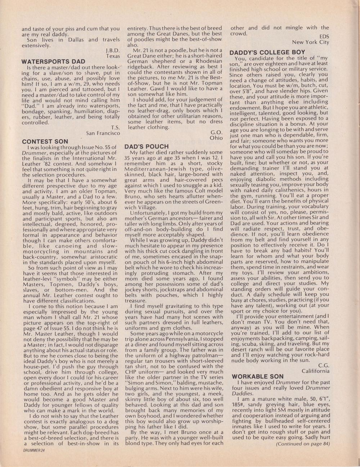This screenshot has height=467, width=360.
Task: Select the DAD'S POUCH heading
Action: click(x=147, y=146)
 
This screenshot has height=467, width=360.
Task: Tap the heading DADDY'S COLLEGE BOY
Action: click(x=267, y=52)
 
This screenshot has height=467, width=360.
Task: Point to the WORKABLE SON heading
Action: click(x=258, y=377)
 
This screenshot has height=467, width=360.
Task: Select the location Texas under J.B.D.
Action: click(x=113, y=56)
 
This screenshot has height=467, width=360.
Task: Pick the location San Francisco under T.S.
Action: click(x=103, y=133)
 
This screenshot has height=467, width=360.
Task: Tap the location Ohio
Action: click(x=216, y=138)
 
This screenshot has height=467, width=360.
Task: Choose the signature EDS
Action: click(x=324, y=36)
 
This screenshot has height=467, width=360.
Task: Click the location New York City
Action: click(x=311, y=42)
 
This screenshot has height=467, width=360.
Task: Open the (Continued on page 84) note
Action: click(x=303, y=444)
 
